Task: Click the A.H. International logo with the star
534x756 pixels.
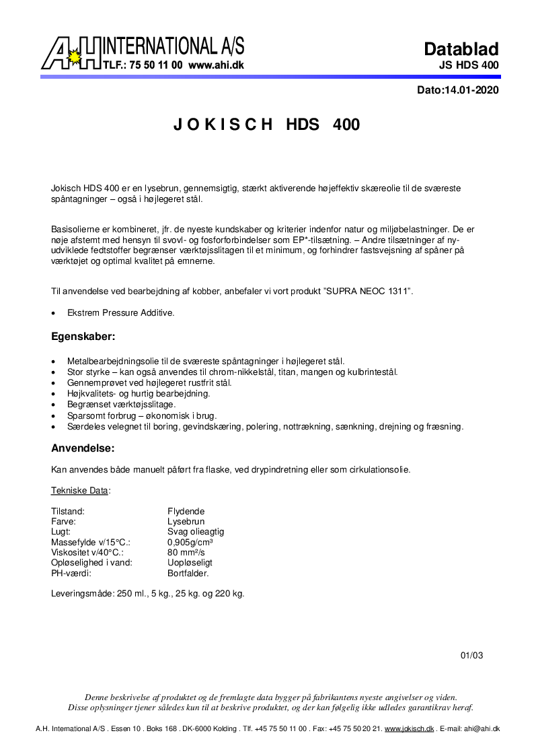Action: click(72, 55)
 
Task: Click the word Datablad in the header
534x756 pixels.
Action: click(461, 48)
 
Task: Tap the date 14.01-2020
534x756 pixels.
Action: click(471, 90)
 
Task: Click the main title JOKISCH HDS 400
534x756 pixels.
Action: click(267, 125)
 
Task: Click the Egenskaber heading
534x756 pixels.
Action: click(83, 335)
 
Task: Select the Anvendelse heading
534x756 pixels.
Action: click(83, 448)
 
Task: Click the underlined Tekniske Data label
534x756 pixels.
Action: click(79, 491)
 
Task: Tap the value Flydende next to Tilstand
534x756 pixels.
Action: click(186, 512)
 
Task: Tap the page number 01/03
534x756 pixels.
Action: click(471, 655)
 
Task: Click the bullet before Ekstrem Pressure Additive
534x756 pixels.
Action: click(54, 313)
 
